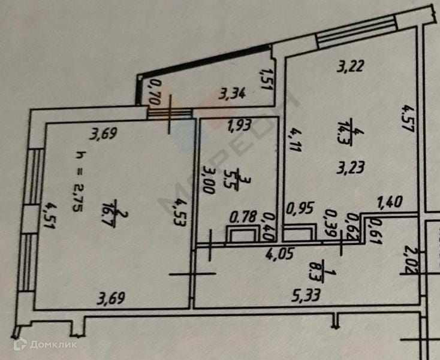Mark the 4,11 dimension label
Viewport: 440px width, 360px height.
[x=293, y=141]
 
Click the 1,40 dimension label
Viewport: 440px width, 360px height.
[x=390, y=203]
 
